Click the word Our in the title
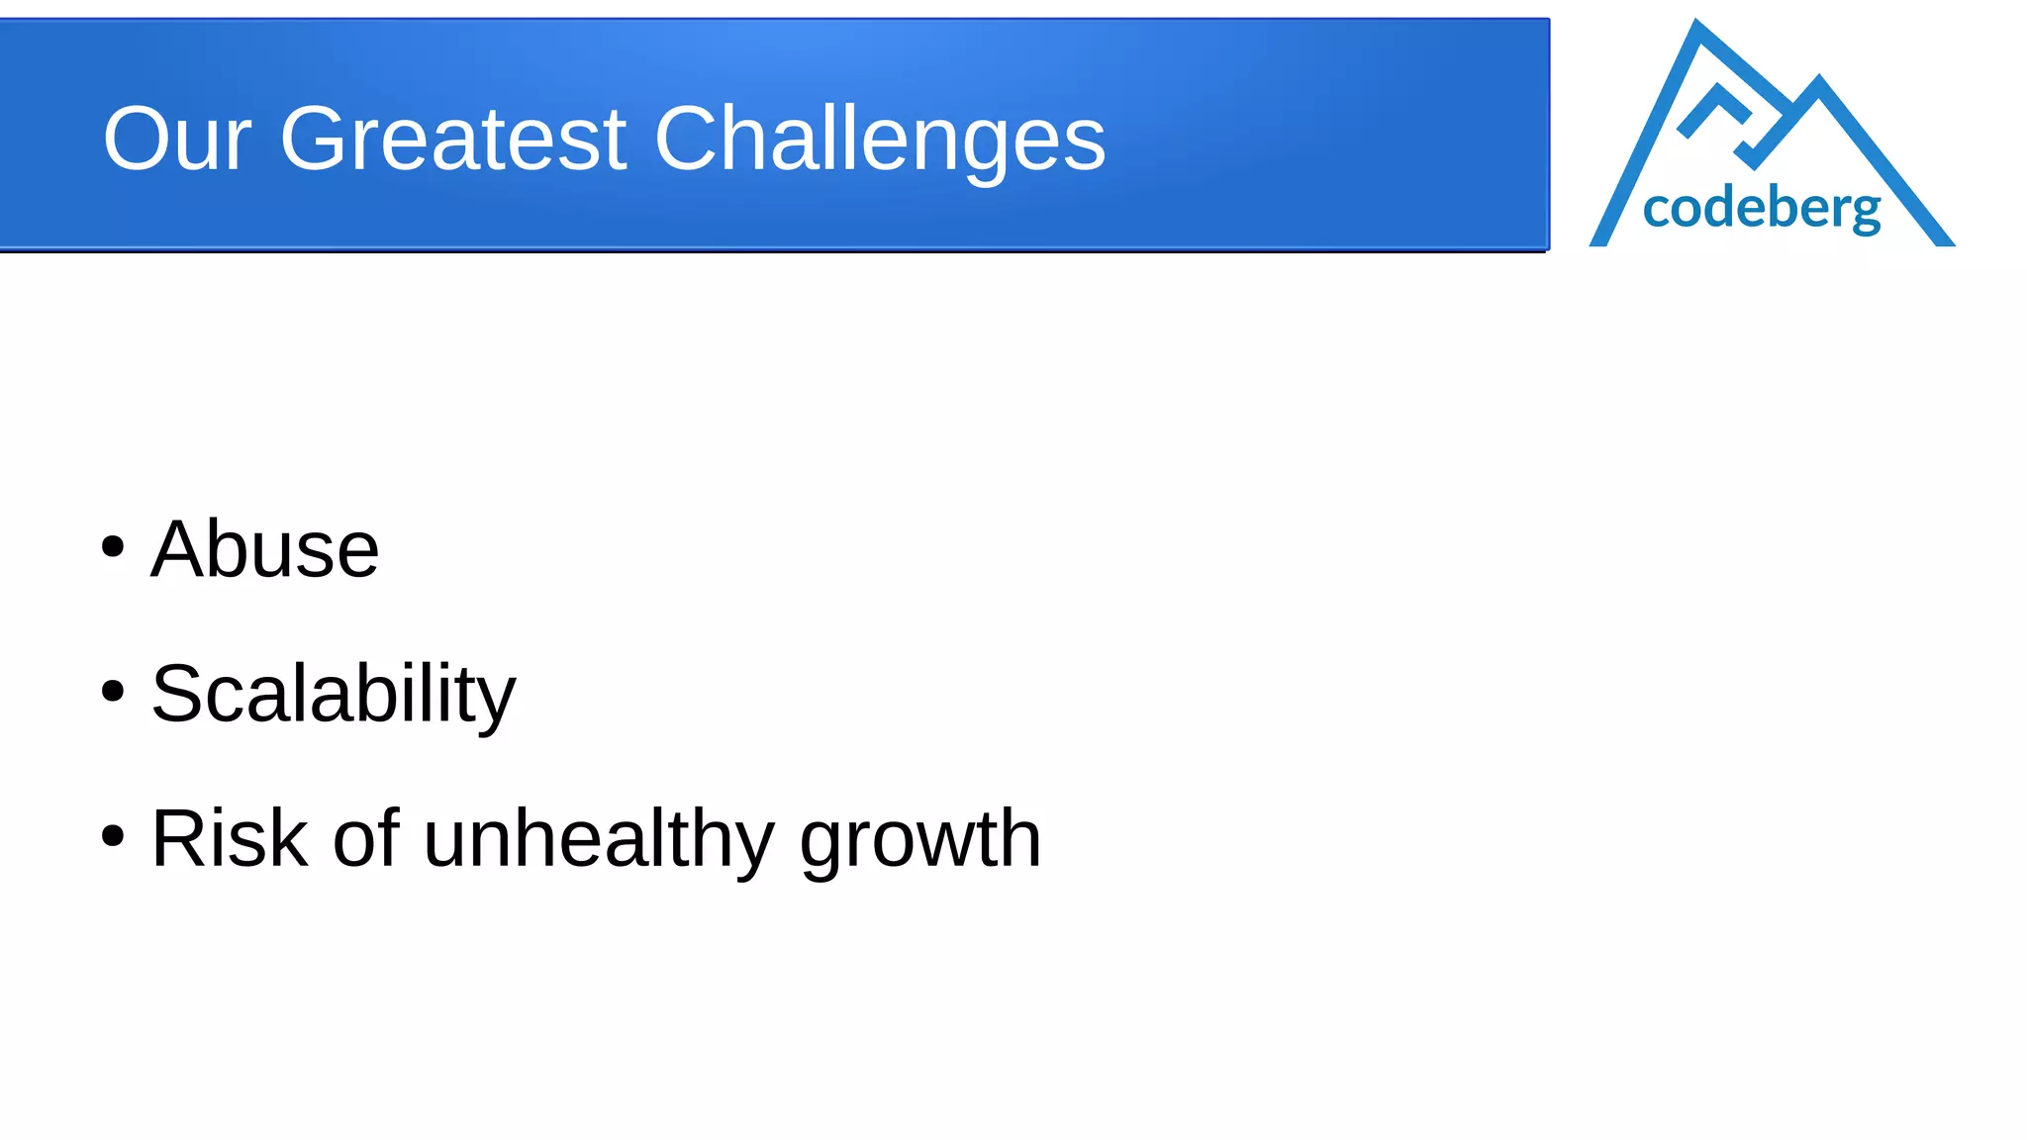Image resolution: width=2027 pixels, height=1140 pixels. tap(177, 140)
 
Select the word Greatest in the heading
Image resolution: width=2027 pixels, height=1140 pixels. tap(453, 140)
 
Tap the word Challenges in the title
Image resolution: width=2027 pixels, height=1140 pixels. tap(879, 142)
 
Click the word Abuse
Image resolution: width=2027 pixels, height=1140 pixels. tap(264, 549)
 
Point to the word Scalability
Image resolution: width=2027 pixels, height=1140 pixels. tap(333, 695)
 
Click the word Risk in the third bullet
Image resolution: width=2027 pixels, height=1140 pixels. tap(229, 839)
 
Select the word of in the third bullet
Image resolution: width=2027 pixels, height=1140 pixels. tap(365, 839)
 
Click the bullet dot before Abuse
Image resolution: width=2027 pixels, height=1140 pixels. tap(113, 547)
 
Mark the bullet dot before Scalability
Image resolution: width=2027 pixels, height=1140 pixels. tap(113, 692)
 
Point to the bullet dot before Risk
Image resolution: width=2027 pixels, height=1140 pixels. tap(113, 836)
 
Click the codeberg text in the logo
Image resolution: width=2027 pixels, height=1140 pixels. tap(1761, 209)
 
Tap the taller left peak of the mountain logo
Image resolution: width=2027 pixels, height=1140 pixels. tap(1698, 30)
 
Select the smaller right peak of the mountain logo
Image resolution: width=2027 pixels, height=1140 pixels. tap(1819, 85)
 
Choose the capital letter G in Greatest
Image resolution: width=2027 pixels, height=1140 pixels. tap(317, 140)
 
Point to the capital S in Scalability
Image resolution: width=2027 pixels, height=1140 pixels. tap(178, 695)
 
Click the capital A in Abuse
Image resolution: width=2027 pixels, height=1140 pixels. tap(179, 549)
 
